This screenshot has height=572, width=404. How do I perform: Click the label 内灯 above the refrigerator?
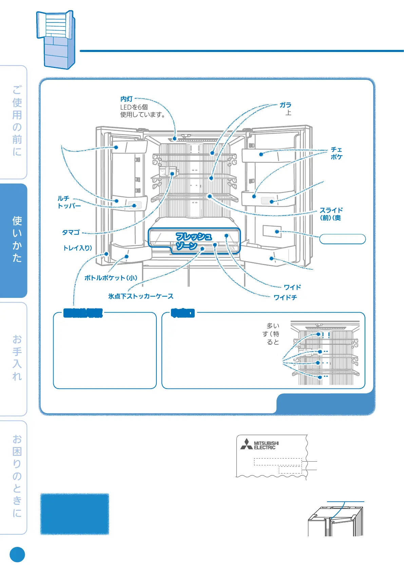coord(127,99)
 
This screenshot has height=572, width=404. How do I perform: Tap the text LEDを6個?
coord(134,107)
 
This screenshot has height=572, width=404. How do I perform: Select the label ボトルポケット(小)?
coord(111,278)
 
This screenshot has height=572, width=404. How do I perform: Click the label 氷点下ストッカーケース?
coord(141,296)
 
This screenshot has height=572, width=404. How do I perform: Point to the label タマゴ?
coord(71,232)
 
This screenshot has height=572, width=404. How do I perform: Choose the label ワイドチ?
coord(285,298)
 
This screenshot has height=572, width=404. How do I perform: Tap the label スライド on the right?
coord(331,210)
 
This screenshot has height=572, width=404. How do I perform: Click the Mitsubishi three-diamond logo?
coord(246,444)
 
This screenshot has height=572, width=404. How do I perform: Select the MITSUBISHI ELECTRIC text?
coord(266,445)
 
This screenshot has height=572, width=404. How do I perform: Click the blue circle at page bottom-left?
coord(17,555)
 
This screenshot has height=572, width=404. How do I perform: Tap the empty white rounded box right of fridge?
coord(342,239)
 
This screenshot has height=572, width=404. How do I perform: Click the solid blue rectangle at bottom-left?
coord(75,514)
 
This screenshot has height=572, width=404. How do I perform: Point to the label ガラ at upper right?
coord(285,105)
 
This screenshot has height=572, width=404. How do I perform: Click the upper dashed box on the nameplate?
coord(278,462)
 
